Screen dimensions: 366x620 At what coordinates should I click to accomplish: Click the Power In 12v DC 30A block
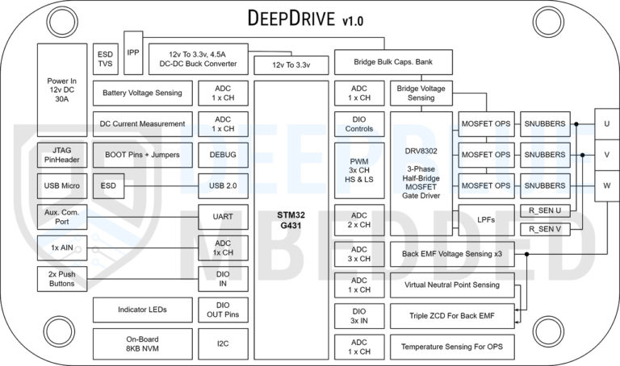click(61, 89)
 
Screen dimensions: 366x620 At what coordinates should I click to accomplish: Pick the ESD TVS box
click(105, 54)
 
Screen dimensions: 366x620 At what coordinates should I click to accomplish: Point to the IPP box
click(133, 52)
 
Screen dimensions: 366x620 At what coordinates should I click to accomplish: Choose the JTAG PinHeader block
click(61, 154)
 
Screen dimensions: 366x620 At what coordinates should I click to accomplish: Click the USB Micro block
click(61, 185)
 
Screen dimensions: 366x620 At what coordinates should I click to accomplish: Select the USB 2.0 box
click(223, 185)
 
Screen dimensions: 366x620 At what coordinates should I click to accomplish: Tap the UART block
click(223, 217)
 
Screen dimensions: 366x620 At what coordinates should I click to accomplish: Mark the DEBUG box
click(223, 154)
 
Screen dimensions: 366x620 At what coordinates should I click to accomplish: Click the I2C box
click(223, 343)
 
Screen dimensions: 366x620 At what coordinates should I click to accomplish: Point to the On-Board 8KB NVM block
click(143, 343)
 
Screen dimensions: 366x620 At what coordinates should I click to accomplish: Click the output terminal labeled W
click(606, 185)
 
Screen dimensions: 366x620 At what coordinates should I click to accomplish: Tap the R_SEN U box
click(544, 210)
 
